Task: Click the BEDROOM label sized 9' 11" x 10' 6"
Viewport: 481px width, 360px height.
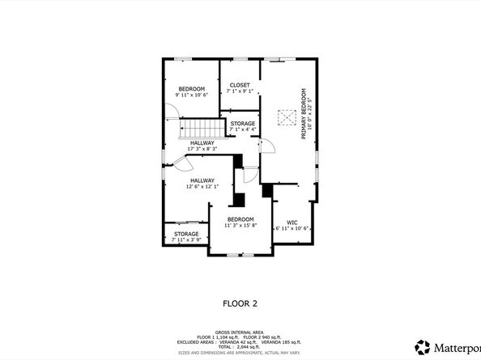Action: pyautogui.click(x=192, y=88)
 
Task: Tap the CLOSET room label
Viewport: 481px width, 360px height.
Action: pyautogui.click(x=240, y=85)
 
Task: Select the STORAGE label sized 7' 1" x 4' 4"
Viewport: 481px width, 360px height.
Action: pyautogui.click(x=242, y=124)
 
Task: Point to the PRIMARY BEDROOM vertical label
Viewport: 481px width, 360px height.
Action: pyautogui.click(x=306, y=113)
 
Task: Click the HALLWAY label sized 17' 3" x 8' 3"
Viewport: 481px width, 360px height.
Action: pyautogui.click(x=202, y=143)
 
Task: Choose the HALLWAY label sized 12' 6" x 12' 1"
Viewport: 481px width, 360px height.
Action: pyautogui.click(x=202, y=180)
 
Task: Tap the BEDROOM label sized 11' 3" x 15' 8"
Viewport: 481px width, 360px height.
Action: pyautogui.click(x=240, y=219)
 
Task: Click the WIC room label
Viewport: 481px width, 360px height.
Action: pyautogui.click(x=292, y=222)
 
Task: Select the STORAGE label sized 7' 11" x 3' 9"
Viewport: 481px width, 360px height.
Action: pyautogui.click(x=185, y=234)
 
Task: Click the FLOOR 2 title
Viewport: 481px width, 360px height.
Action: pyautogui.click(x=240, y=303)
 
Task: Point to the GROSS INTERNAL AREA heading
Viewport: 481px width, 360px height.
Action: pyautogui.click(x=240, y=331)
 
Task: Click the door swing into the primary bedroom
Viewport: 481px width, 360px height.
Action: pyautogui.click(x=267, y=146)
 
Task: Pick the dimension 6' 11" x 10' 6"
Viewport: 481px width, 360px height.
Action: pyautogui.click(x=292, y=228)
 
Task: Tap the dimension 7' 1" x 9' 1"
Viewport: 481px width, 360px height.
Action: pyautogui.click(x=240, y=91)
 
